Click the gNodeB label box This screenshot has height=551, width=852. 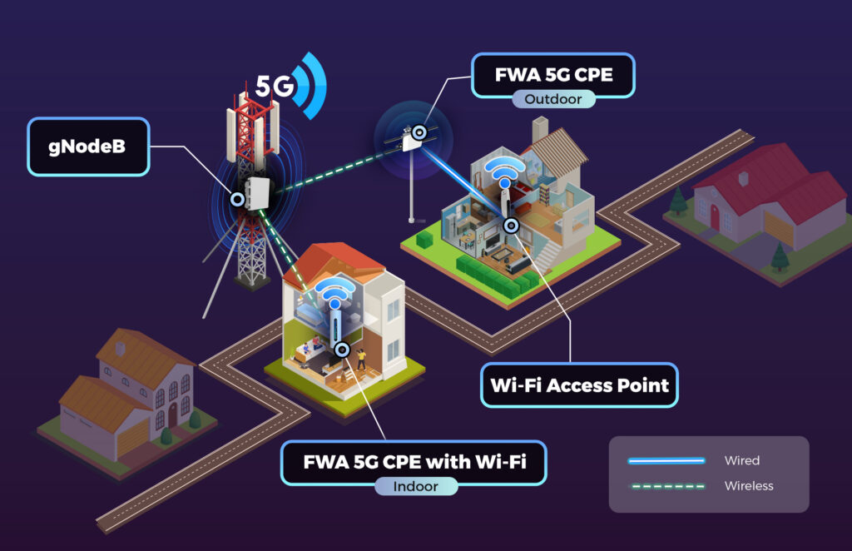point(89,146)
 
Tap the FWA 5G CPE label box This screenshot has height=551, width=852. point(553,74)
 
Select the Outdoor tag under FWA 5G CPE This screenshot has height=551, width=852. point(553,99)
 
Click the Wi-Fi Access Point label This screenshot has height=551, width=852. point(579,385)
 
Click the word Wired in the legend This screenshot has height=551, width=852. point(741,460)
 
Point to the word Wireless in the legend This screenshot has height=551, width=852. point(749,485)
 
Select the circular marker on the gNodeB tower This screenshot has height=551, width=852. point(237,200)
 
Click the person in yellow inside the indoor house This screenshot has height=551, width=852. point(362,359)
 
